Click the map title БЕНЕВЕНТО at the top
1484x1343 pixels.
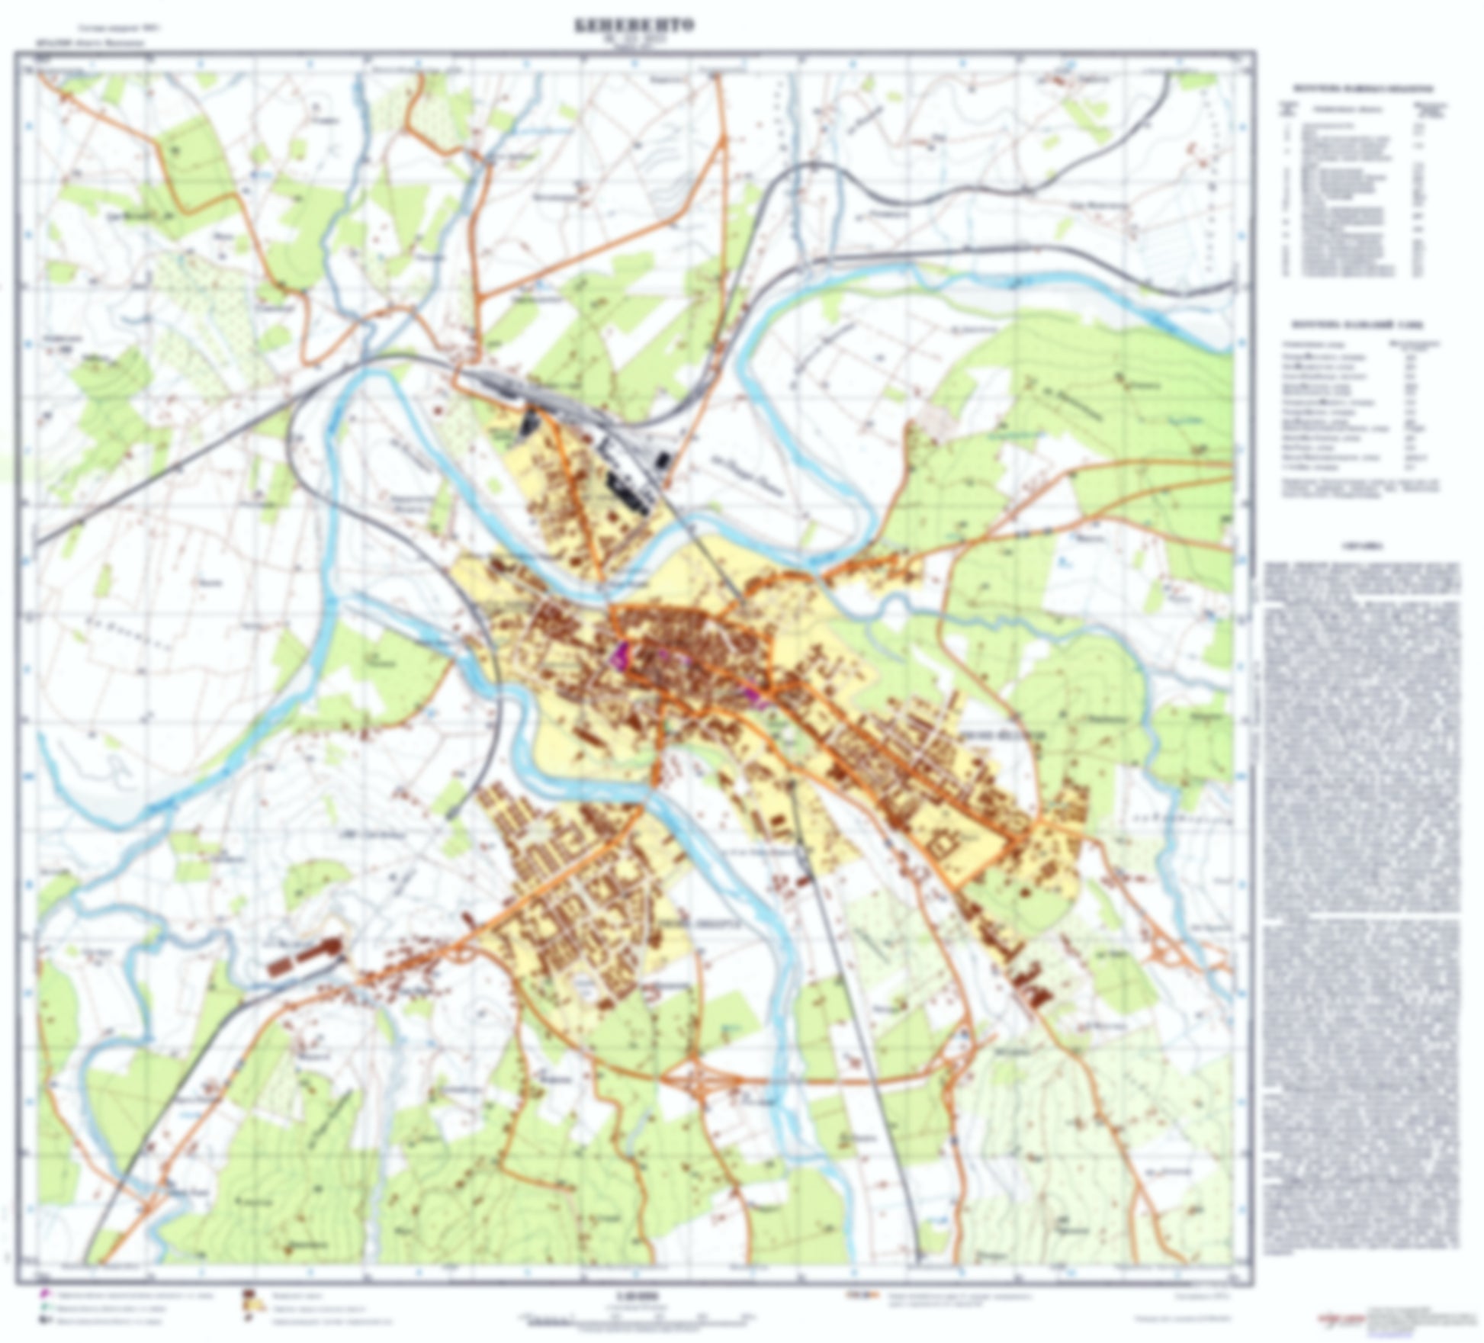[634, 26]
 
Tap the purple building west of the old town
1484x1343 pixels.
[620, 655]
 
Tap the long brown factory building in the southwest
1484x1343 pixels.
[303, 957]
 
